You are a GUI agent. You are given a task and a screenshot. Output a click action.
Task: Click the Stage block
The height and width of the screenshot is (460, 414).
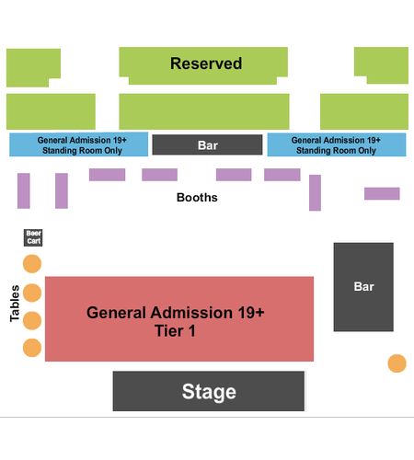(x=209, y=391)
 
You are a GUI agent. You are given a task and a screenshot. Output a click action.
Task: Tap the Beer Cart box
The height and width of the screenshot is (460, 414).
(x=33, y=237)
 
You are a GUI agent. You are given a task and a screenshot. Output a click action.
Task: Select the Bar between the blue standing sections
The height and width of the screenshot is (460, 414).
(x=207, y=144)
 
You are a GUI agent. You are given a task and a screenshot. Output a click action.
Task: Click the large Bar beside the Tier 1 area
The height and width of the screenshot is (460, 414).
(x=363, y=287)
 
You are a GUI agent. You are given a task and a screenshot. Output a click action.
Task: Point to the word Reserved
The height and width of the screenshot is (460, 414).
(x=206, y=63)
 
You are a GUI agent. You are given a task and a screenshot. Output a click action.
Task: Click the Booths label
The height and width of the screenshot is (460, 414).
(x=197, y=197)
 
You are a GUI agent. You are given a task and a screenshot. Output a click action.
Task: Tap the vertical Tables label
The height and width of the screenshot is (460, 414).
(x=15, y=304)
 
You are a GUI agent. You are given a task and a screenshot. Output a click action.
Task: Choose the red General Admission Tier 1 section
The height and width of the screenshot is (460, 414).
(x=179, y=319)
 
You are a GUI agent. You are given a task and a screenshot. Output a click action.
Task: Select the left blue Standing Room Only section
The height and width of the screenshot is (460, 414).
(x=79, y=144)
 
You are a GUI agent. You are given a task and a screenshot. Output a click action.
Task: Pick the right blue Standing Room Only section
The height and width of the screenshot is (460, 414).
(x=337, y=144)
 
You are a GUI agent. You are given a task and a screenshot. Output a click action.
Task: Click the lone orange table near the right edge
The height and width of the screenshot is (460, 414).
(x=397, y=363)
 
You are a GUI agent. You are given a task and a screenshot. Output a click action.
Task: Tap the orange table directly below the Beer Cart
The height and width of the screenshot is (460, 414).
(x=32, y=263)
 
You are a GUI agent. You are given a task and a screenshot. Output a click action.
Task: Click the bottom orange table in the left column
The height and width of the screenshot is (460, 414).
(x=32, y=348)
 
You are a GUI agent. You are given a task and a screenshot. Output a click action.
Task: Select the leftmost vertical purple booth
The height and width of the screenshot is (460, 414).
(x=24, y=190)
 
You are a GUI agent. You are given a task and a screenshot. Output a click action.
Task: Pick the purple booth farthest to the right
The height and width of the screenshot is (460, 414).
(x=382, y=193)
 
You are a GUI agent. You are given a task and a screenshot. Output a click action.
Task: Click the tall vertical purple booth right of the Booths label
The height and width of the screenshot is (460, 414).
(x=315, y=192)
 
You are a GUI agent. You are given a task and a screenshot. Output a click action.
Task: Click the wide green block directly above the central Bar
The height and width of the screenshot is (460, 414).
(x=204, y=111)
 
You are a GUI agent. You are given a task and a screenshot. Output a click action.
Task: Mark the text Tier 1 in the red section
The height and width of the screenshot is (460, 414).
(x=175, y=331)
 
